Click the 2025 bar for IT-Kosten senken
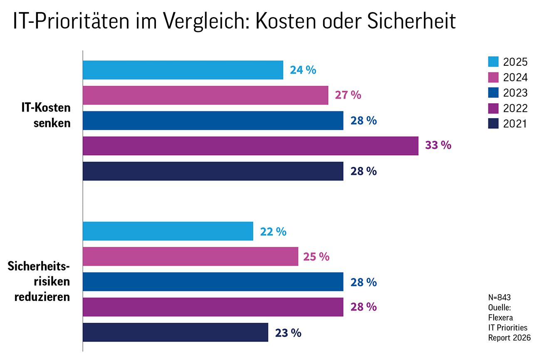pyautogui.click(x=183, y=70)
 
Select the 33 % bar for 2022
pyautogui.click(x=250, y=146)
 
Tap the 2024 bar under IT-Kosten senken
pyautogui.click(x=205, y=95)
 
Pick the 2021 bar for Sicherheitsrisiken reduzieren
pyautogui.click(x=176, y=332)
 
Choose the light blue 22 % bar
pyautogui.click(x=168, y=231)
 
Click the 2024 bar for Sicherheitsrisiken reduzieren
pyautogui.click(x=190, y=256)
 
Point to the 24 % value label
pyautogui.click(x=303, y=70)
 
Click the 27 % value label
pyautogui.click(x=348, y=95)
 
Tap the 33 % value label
pyautogui.click(x=438, y=145)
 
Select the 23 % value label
pyautogui.click(x=288, y=333)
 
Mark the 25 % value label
pyautogui.click(x=317, y=257)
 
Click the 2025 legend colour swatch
pyautogui.click(x=493, y=62)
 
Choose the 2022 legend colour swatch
pyautogui.click(x=493, y=108)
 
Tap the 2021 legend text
pyautogui.click(x=515, y=124)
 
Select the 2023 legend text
pyautogui.click(x=515, y=93)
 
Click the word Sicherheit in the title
pyautogui.click(x=411, y=21)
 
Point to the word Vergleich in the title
pyautogui.click(x=206, y=22)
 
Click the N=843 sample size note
pyautogui.click(x=500, y=298)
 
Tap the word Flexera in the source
pyautogui.click(x=500, y=318)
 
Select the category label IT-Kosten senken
pyautogui.click(x=46, y=115)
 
